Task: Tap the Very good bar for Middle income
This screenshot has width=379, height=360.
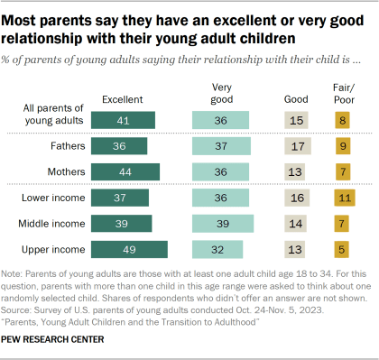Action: [223, 224]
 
